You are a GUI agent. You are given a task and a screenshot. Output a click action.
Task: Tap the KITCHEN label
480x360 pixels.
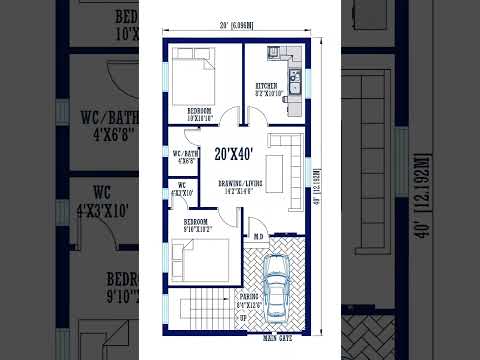(266, 86)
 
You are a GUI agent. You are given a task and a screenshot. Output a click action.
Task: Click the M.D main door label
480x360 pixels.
(257, 237)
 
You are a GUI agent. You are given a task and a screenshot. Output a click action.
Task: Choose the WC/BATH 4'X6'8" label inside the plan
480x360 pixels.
(185, 156)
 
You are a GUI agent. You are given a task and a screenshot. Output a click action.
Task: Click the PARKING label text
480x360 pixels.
(250, 297)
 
